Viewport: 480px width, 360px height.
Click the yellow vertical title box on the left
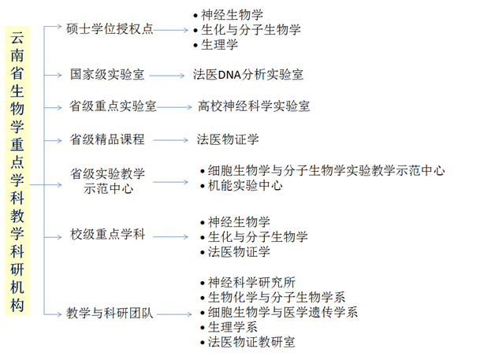pos(17,172)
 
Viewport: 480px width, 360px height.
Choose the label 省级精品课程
pos(107,139)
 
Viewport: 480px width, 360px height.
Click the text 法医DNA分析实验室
pos(248,75)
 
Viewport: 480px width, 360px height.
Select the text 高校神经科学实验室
pos(254,106)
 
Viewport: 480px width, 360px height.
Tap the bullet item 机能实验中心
pos(245,186)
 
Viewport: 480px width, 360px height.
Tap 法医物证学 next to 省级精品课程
pos(228,139)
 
